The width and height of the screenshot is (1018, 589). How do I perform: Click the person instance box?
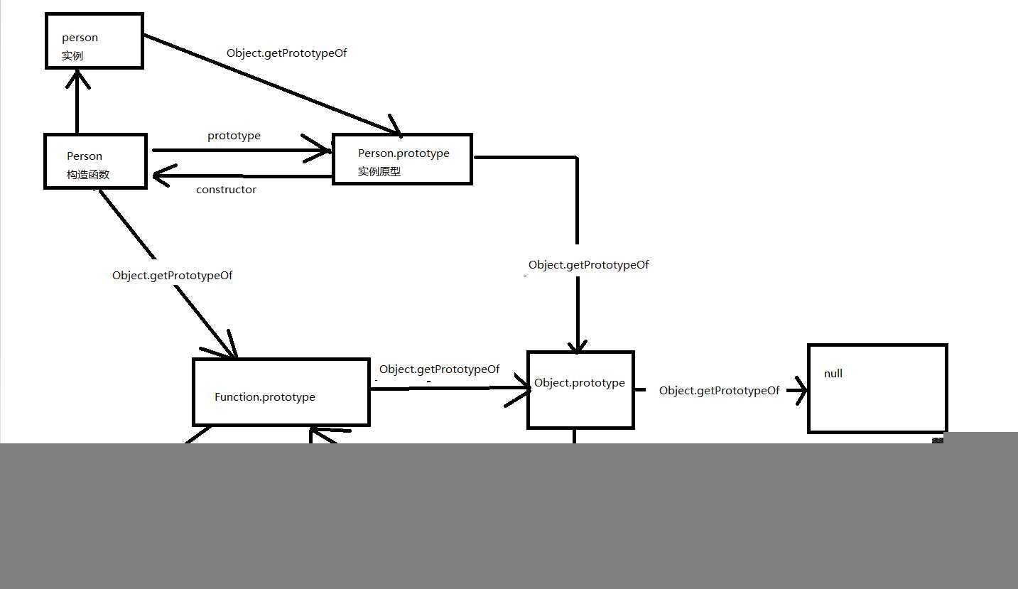point(94,40)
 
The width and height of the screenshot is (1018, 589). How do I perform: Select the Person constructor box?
point(95,161)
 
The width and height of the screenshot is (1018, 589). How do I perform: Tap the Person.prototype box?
point(402,159)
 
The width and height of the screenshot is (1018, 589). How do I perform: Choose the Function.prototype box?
point(281,392)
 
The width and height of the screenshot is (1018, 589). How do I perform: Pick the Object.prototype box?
point(580,390)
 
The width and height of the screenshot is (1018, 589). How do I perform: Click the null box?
point(877,389)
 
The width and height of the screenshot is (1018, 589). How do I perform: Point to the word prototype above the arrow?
point(234,136)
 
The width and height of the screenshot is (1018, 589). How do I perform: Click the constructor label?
point(226,190)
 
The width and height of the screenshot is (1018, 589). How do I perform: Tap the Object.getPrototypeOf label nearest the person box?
point(286,53)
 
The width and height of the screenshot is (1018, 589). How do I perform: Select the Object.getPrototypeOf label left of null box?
point(719,391)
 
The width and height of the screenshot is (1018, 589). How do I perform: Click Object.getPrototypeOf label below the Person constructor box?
point(172,276)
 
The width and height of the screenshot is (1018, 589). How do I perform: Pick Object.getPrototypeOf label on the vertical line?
point(588,265)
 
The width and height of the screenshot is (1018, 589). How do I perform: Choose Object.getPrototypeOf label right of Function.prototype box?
point(439,369)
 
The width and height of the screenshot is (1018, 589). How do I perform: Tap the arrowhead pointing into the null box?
point(801,390)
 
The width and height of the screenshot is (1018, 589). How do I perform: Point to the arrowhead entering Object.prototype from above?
point(578,346)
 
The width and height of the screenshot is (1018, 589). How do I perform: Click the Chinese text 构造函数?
point(88,175)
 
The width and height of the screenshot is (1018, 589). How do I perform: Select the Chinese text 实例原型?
point(379,171)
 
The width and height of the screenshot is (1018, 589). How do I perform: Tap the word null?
point(833,374)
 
